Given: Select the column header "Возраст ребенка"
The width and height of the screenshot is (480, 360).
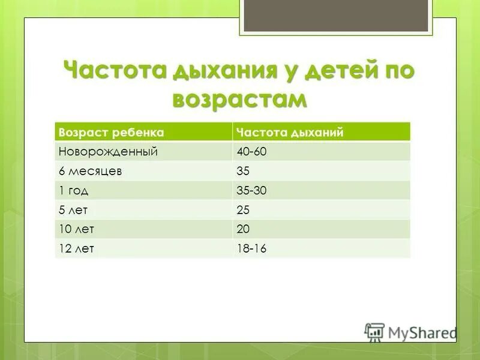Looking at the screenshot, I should pyautogui.click(x=110, y=132).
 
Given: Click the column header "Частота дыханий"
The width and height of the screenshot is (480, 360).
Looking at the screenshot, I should pyautogui.click(x=290, y=132).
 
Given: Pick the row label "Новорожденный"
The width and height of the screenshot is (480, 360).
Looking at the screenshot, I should pyautogui.click(x=108, y=152).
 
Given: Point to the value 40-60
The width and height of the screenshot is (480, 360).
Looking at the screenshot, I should pyautogui.click(x=251, y=152).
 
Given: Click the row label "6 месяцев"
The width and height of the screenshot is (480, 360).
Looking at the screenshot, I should pyautogui.click(x=91, y=171).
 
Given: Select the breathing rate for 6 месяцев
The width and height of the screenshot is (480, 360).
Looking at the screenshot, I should pyautogui.click(x=243, y=171).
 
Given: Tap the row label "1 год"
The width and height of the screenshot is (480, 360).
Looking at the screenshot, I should pyautogui.click(x=74, y=191).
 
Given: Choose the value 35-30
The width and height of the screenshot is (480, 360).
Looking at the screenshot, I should pyautogui.click(x=251, y=191).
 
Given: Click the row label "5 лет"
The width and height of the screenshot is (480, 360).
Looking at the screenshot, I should pyautogui.click(x=74, y=210).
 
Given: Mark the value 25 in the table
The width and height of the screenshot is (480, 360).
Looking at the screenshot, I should pyautogui.click(x=243, y=210).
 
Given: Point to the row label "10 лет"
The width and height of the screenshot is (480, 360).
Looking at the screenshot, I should pyautogui.click(x=76, y=229).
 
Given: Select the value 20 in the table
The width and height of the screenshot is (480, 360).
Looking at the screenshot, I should pyautogui.click(x=243, y=229).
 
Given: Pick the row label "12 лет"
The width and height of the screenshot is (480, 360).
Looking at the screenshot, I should pyautogui.click(x=76, y=248).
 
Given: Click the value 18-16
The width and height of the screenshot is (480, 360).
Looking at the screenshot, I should pyautogui.click(x=251, y=248).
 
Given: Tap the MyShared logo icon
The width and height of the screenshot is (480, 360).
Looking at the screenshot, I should pyautogui.click(x=374, y=332).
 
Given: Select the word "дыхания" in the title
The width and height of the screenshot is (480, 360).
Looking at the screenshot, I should pyautogui.click(x=221, y=71).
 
